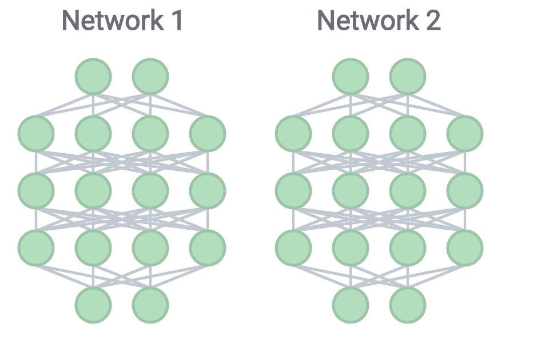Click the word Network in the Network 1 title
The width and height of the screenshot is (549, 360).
(112, 21)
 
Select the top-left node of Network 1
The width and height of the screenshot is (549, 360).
(93, 76)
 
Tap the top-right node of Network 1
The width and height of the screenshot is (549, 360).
(150, 76)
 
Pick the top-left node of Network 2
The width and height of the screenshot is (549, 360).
(351, 76)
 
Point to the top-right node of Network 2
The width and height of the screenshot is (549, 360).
(408, 76)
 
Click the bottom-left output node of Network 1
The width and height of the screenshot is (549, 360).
(93, 305)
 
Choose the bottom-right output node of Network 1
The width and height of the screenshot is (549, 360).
(150, 305)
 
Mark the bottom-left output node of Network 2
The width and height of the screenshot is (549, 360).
(351, 305)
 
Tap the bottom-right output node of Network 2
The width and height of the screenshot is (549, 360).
(408, 305)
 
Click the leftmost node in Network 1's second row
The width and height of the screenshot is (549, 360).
(36, 133)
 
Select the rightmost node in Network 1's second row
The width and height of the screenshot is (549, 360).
(208, 133)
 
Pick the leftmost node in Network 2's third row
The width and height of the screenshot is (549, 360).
(293, 190)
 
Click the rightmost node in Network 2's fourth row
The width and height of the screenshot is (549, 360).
(465, 247)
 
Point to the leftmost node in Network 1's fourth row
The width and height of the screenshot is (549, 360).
(36, 247)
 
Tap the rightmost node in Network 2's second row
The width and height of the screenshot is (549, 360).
(465, 133)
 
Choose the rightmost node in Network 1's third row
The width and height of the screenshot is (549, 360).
(208, 190)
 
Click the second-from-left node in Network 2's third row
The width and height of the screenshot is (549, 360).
(351, 190)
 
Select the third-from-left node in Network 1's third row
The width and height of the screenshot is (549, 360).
(150, 190)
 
